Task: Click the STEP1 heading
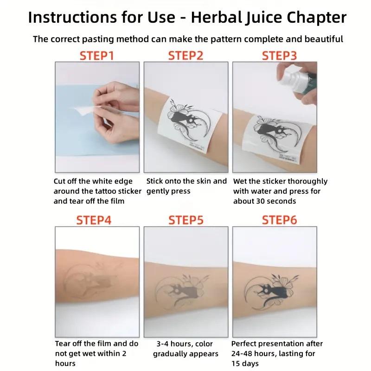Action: tap(97, 56)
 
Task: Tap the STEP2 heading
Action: tap(186, 56)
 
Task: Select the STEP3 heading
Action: tap(279, 56)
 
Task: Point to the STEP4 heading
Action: tap(94, 220)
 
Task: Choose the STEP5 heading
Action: tap(186, 220)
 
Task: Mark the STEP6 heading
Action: tap(279, 220)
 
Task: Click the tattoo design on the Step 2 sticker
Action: tap(189, 124)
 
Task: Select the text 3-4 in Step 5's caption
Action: tap(162, 344)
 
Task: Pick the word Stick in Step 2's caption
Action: tap(154, 181)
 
